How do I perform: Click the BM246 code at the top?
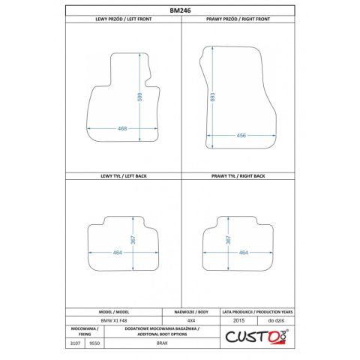[180, 10]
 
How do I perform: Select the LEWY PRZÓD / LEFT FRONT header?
[124, 19]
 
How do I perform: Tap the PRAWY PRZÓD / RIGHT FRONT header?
[238, 19]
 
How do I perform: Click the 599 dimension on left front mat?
[139, 97]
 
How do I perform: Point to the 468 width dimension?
[122, 128]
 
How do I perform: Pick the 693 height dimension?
[213, 97]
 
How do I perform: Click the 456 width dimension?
[241, 136]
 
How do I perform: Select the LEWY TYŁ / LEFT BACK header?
[124, 176]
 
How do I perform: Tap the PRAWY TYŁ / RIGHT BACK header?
[238, 176]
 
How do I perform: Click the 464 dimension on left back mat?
[117, 253]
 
